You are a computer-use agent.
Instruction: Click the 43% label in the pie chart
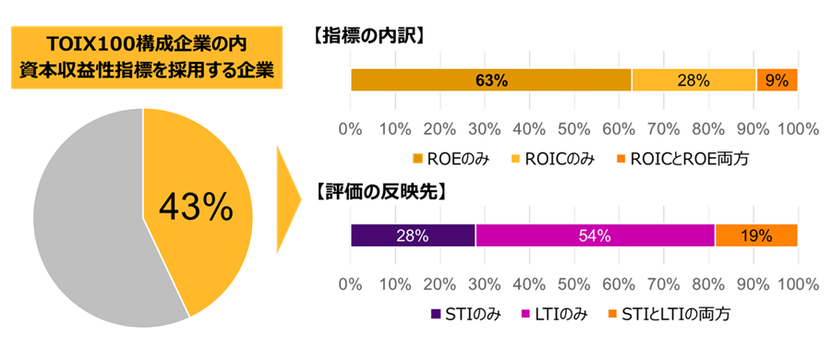[x=196, y=209]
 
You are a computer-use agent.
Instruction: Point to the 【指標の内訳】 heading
[x=368, y=37]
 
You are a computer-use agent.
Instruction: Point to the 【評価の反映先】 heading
[x=379, y=192]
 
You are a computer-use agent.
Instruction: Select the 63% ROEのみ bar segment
[x=491, y=80]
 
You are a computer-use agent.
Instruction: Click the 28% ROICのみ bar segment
[x=693, y=80]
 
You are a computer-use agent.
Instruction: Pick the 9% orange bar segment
[x=777, y=80]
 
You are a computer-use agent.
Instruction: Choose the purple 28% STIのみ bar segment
[x=413, y=235]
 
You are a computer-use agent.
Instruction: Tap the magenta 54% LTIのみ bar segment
[x=596, y=235]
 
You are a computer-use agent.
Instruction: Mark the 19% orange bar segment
[x=756, y=235]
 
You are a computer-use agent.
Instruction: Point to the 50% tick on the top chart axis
[x=573, y=127]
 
